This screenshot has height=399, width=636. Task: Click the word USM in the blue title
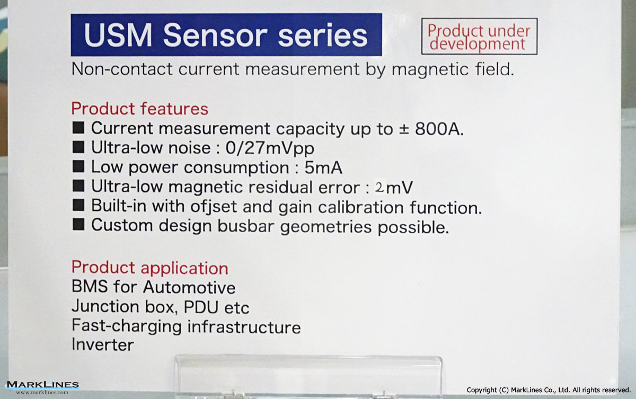tap(118, 35)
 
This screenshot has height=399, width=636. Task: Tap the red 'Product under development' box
tap(479, 37)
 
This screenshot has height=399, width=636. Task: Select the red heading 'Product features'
tap(140, 109)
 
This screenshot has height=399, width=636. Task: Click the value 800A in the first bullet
tap(439, 129)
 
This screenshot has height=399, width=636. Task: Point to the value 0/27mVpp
tap(270, 148)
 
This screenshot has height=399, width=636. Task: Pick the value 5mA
tap(323, 167)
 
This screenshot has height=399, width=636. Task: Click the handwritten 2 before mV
tap(379, 187)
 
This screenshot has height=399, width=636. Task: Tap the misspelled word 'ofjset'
tap(214, 206)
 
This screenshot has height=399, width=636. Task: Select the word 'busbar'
tap(246, 226)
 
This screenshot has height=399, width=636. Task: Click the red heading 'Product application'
tap(149, 267)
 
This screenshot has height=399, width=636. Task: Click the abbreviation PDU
tap(201, 306)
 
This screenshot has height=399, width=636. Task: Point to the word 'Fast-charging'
tap(127, 326)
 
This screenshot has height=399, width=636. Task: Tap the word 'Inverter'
tap(102, 344)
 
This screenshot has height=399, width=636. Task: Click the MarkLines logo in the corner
tap(42, 387)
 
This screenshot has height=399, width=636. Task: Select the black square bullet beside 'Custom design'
tap(78, 224)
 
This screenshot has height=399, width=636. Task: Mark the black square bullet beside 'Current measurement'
tap(78, 128)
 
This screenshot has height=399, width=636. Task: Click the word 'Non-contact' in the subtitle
tap(122, 69)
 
